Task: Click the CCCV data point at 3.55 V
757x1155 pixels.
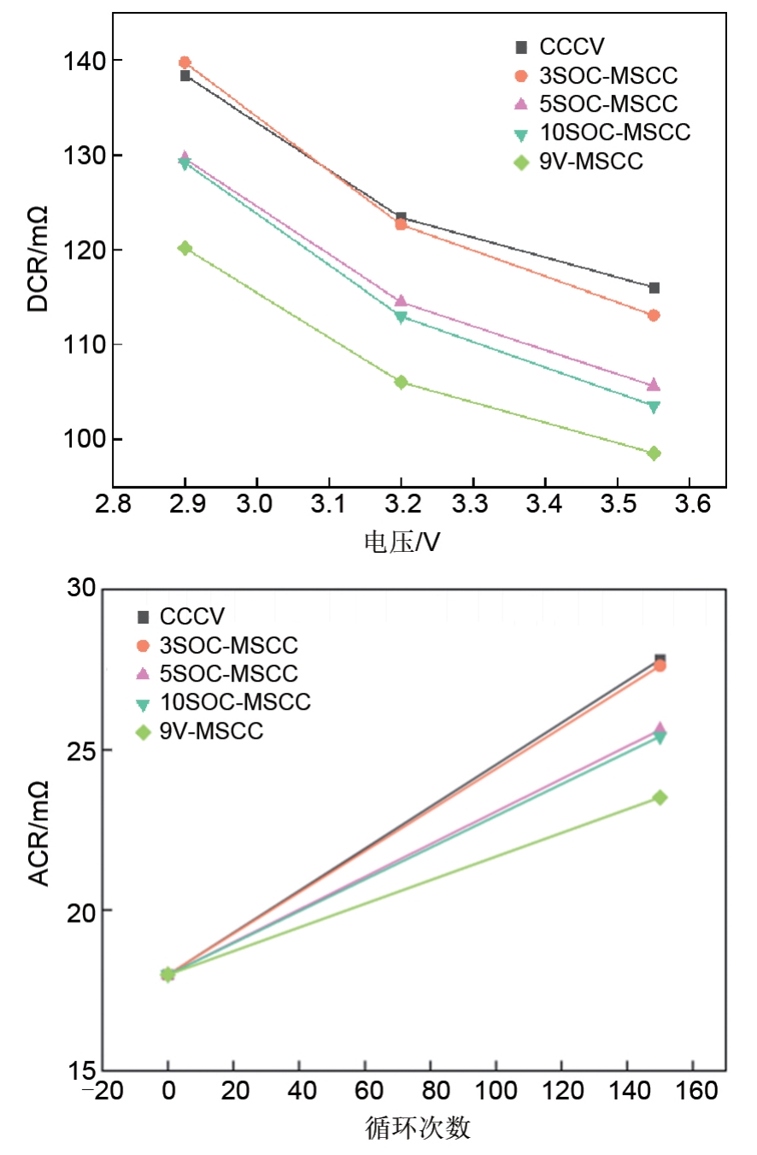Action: (x=654, y=288)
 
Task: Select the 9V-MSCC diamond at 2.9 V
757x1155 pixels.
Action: (x=185, y=248)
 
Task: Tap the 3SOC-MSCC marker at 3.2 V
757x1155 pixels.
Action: (x=401, y=224)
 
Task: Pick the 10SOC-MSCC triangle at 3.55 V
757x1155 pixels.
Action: (x=654, y=407)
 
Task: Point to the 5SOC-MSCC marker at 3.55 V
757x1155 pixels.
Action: (x=654, y=385)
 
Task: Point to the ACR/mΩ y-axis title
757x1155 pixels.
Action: (x=39, y=833)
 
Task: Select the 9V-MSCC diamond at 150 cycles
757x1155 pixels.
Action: (x=660, y=797)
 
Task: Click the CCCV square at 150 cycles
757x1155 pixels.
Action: (x=660, y=659)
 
